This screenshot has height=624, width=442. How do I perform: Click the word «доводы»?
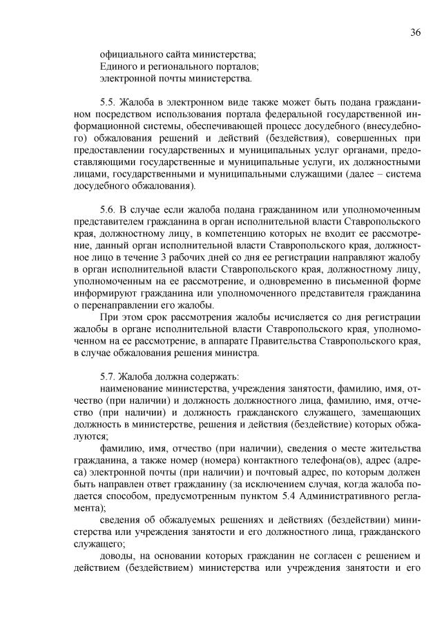coord(116,555)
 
